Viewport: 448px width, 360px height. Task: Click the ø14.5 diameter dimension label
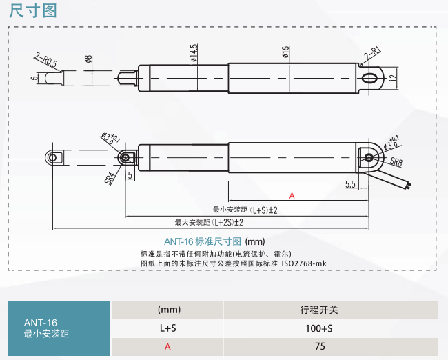coord(194,52)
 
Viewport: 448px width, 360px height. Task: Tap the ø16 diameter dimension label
coord(285,54)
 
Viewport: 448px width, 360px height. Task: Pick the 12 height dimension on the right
coord(393,78)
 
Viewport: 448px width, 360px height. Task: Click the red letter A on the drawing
coord(292,196)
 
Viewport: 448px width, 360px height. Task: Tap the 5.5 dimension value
coord(349,184)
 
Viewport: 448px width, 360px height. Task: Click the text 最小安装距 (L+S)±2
coord(245,210)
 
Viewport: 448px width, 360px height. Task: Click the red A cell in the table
coord(167,347)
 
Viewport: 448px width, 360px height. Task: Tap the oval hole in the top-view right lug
coord(372,76)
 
